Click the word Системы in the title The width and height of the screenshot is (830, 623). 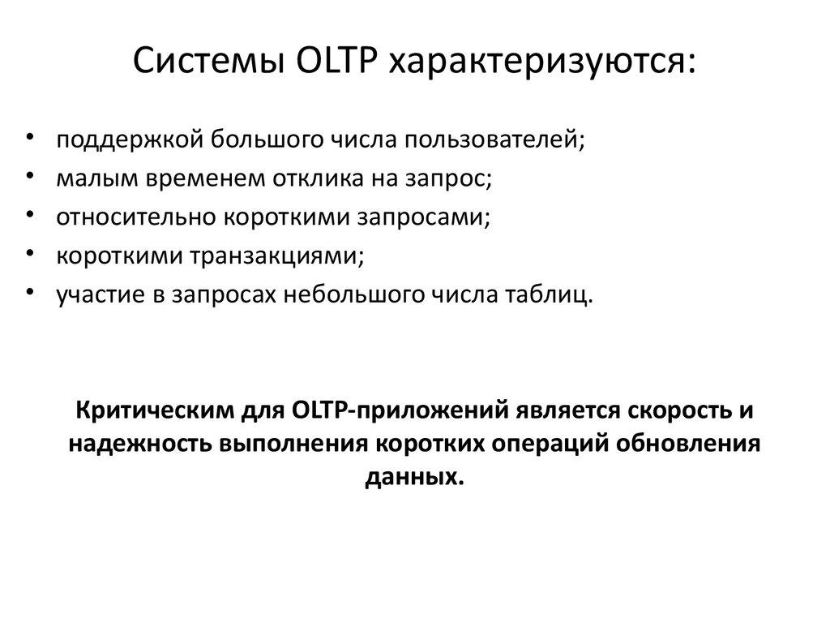[199, 62]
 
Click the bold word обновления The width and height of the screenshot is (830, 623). [690, 445]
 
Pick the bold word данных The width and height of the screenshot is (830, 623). [414, 477]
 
